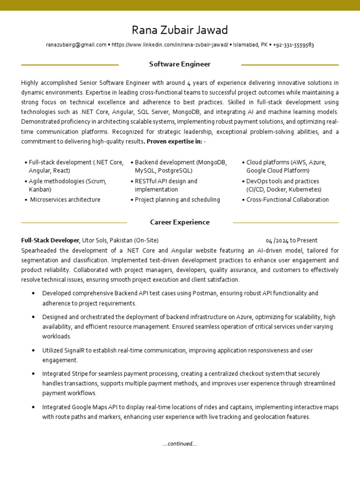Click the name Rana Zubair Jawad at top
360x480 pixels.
pyautogui.click(x=180, y=30)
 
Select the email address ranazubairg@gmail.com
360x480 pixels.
pyautogui.click(x=76, y=45)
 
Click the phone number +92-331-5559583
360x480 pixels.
pyautogui.click(x=293, y=45)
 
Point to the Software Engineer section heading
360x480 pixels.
pyautogui.click(x=180, y=64)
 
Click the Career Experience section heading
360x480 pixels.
pyautogui.click(x=180, y=222)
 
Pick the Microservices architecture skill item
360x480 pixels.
pyautogui.click(x=65, y=200)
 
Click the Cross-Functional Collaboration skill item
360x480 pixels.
pyautogui.click(x=287, y=200)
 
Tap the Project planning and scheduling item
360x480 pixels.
pyautogui.click(x=177, y=200)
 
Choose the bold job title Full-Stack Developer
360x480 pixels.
pyautogui.click(x=50, y=240)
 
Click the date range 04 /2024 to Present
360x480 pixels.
pyautogui.click(x=292, y=240)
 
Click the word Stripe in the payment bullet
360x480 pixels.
pyautogui.click(x=80, y=374)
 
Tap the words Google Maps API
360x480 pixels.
pyautogui.click(x=92, y=407)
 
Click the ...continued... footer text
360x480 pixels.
pyautogui.click(x=180, y=444)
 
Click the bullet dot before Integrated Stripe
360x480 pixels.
pyautogui.click(x=33, y=374)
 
